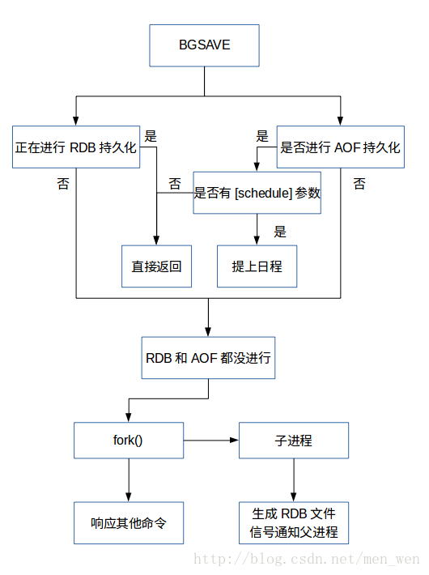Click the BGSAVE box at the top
[204, 45]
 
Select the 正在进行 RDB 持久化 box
[76, 147]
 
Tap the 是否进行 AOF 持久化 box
[340, 147]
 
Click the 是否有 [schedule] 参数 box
[257, 193]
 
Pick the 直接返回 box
[156, 266]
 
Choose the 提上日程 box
[257, 266]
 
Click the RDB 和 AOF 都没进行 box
[208, 357]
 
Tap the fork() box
[129, 440]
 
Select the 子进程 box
[294, 440]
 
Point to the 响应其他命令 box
[129, 523]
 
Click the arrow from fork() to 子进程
[211, 440]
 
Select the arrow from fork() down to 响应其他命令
[129, 480]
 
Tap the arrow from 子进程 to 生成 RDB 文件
[294, 480]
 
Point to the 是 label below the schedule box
[280, 232]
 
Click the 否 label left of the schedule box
[175, 183]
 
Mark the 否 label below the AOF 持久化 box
[359, 183]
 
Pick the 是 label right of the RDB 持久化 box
[151, 136]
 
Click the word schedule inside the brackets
[263, 193]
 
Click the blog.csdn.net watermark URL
[307, 560]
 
